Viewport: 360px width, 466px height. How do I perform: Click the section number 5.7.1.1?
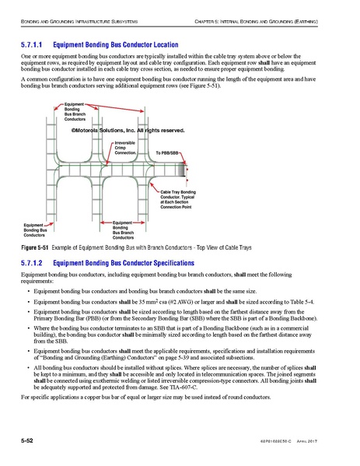tap(34, 46)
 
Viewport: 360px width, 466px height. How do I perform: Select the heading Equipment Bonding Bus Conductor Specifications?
tap(135, 263)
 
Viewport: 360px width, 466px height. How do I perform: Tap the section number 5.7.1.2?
tap(34, 263)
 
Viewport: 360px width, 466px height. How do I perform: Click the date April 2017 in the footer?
tap(326, 442)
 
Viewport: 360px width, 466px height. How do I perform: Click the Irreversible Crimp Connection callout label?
tap(125, 149)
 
